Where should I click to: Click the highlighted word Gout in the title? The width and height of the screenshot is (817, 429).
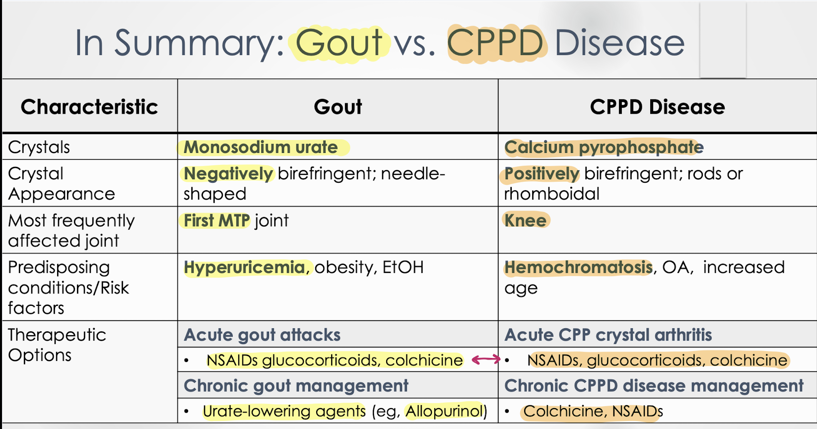pos(339,43)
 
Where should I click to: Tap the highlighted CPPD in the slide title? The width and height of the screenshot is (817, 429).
pos(495,43)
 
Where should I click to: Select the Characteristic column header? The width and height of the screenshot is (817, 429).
pos(89,107)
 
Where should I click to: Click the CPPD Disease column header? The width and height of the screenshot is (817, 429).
pos(657,107)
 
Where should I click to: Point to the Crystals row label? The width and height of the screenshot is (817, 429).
pos(39,147)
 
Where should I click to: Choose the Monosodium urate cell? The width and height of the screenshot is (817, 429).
pos(261,147)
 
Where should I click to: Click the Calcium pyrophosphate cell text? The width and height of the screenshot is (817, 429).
pos(604,147)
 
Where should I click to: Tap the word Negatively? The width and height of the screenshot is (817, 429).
pos(228,174)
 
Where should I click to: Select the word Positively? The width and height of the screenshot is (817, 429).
pos(542,174)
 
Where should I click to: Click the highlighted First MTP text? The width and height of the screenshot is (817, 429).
pos(216,220)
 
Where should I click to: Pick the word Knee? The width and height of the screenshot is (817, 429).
pos(525,220)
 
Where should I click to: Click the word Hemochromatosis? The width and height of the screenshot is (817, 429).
pos(578,268)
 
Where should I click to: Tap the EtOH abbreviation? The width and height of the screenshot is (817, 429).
pos(403,268)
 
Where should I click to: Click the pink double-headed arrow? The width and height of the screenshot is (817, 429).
pos(486,359)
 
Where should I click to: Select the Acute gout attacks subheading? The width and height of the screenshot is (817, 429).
pos(262,335)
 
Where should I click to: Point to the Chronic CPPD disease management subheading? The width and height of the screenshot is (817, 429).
pos(654,386)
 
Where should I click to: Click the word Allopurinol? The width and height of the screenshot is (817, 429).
pos(445,412)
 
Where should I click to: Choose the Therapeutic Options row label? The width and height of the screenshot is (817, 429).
pos(57,345)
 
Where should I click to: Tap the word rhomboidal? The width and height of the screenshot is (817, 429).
pos(552,194)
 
